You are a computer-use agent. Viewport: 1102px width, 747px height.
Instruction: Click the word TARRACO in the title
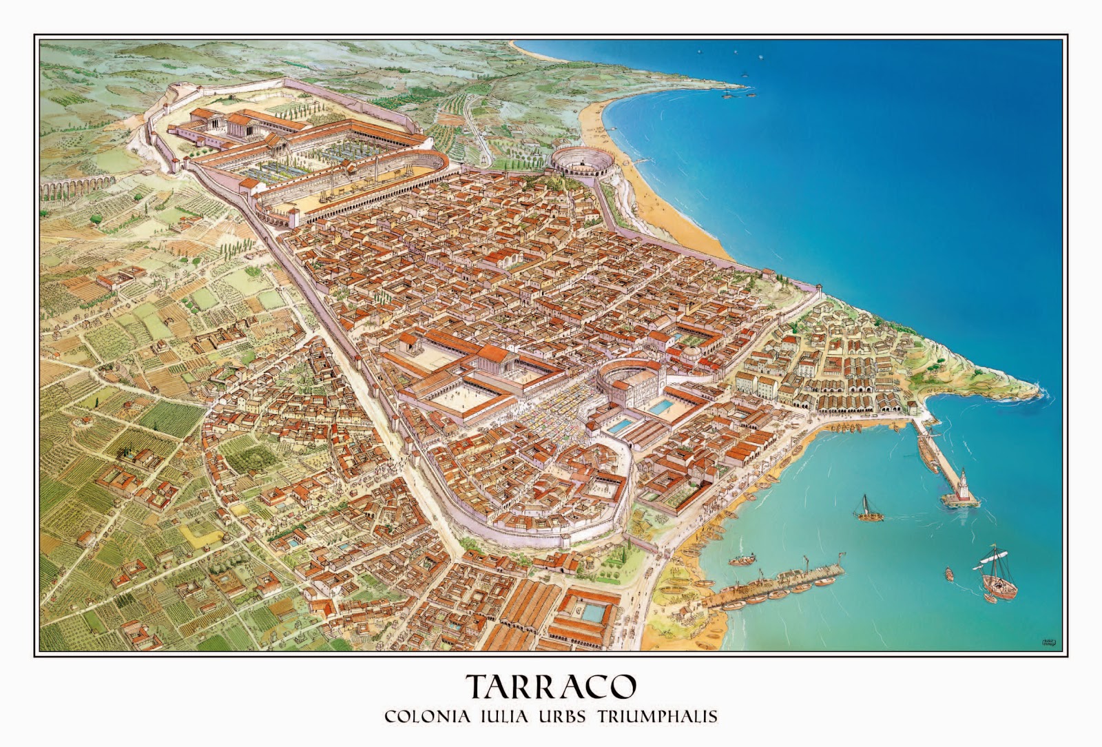[550, 686]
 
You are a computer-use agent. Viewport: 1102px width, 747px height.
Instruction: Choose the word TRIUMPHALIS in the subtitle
[659, 716]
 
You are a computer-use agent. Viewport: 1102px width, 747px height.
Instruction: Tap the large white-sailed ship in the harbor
[997, 576]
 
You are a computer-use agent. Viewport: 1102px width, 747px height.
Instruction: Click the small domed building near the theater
[689, 356]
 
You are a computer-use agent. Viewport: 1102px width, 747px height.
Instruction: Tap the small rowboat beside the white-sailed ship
[948, 573]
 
